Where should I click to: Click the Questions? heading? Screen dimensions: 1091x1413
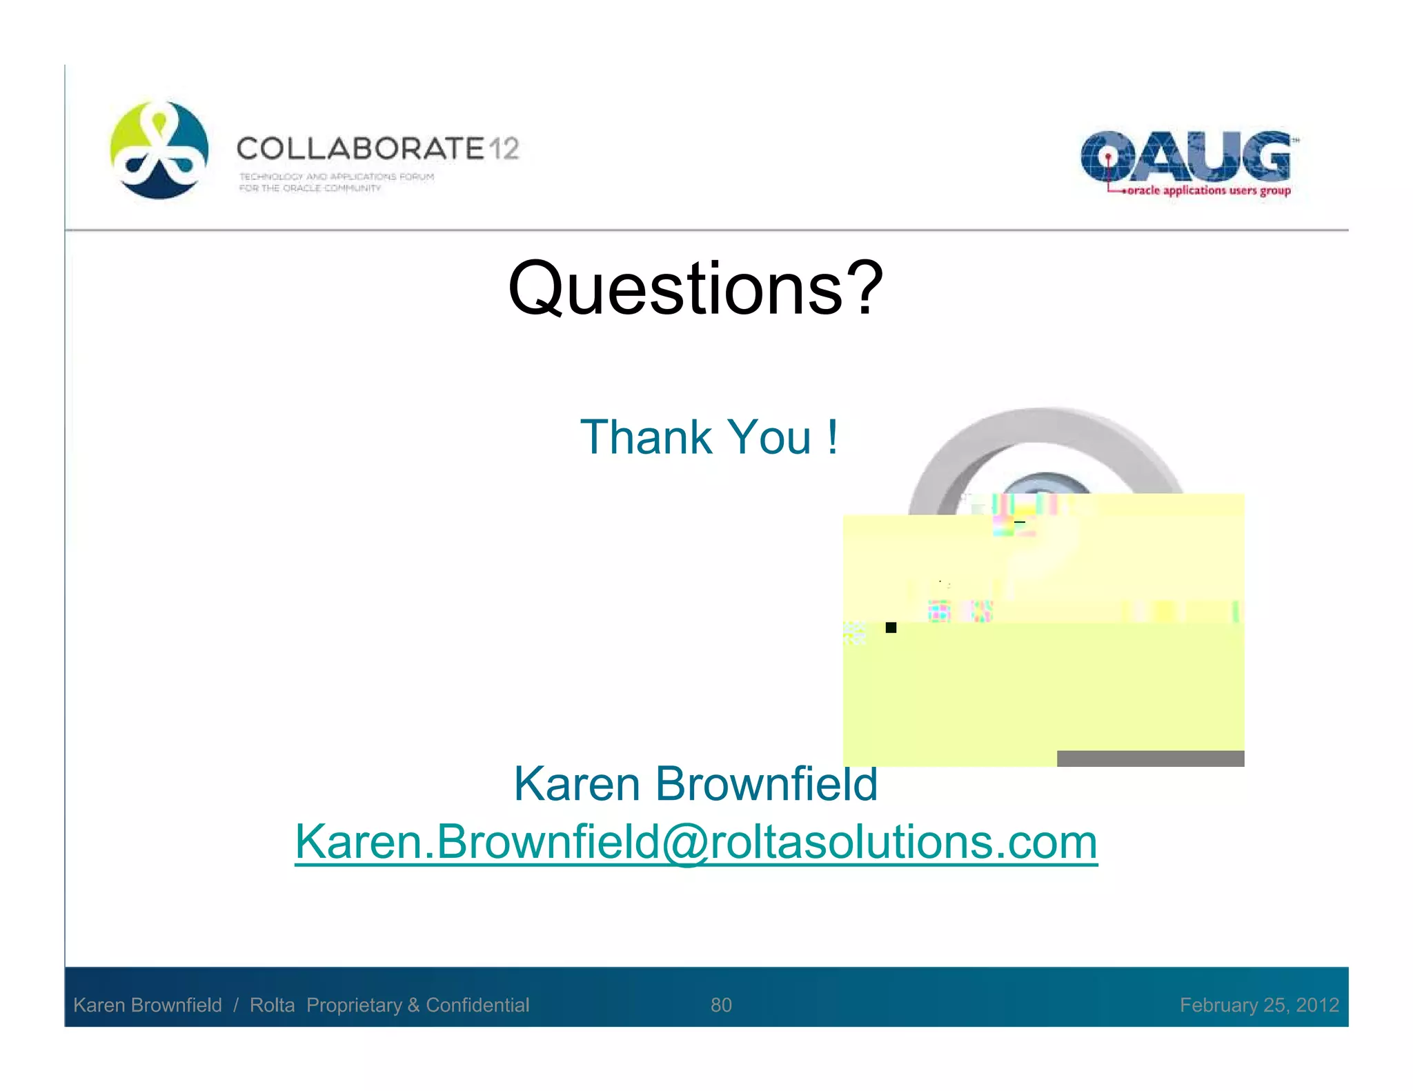[695, 288]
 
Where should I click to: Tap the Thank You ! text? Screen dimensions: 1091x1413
[709, 437]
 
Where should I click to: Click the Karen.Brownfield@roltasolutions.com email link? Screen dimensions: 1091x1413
[695, 842]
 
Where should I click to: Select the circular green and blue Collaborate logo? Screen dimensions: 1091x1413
[159, 150]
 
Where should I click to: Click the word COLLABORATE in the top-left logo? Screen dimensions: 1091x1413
[360, 149]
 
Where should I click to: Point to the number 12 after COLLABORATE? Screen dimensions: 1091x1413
[504, 149]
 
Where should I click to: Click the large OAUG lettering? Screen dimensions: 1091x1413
[1185, 157]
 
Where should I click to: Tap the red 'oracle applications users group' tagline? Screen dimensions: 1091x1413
[1208, 190]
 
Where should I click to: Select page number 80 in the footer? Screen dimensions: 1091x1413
[721, 1005]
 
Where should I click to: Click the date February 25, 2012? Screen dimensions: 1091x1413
[1259, 1005]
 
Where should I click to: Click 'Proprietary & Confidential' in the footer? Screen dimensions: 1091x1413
[417, 1005]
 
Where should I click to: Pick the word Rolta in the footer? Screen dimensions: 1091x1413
[272, 1005]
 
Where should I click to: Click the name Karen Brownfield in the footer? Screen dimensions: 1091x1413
[148, 1005]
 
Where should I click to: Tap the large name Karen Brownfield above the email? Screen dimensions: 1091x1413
[695, 784]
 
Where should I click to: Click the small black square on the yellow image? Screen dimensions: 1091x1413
[891, 628]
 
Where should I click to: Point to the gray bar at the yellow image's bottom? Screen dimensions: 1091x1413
[1150, 759]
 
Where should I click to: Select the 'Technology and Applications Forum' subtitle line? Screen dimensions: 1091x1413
[337, 177]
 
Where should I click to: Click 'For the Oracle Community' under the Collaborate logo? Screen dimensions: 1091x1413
[310, 188]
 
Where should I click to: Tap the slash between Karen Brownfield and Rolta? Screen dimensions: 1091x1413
[236, 1005]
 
